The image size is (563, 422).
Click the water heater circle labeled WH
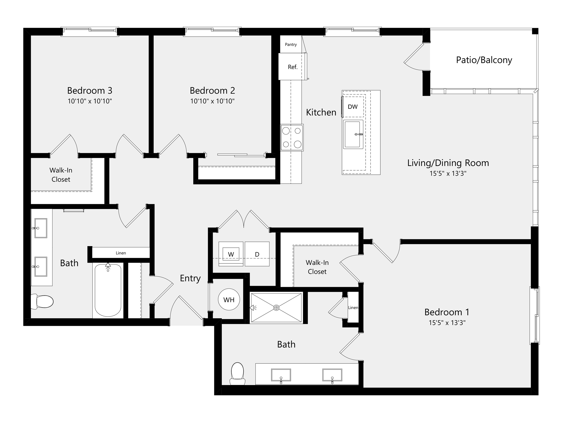click(229, 300)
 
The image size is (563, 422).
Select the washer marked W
click(231, 254)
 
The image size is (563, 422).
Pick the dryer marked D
click(257, 254)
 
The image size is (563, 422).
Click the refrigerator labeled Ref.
click(292, 67)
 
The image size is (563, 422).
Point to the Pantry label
click(291, 45)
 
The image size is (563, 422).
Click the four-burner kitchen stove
click(292, 137)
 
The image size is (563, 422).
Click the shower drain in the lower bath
click(276, 308)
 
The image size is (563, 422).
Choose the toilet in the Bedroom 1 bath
click(238, 374)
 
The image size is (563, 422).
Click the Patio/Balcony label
click(484, 60)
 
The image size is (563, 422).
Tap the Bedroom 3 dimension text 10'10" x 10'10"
click(90, 101)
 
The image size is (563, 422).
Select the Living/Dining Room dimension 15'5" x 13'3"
click(448, 173)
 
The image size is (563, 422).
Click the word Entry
click(190, 278)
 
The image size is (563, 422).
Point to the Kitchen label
click(321, 112)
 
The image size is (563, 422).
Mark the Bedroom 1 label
click(447, 312)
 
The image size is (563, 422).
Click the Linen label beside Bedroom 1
click(353, 307)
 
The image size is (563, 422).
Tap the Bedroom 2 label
click(212, 91)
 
